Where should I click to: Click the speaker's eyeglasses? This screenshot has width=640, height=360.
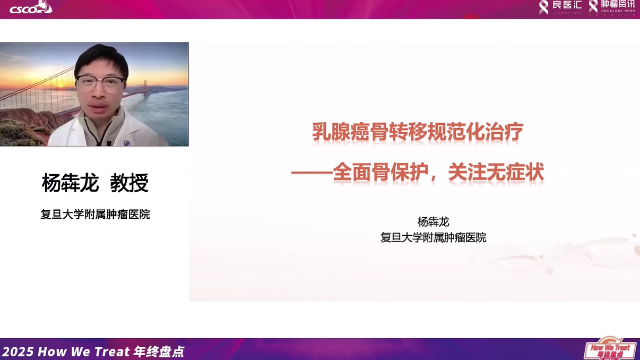(100, 83)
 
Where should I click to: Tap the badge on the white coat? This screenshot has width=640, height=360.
(126, 143)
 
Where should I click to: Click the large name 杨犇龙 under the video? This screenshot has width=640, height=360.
(70, 183)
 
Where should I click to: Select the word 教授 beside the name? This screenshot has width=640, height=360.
(129, 183)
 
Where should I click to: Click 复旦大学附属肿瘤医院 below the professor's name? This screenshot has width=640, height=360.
(95, 215)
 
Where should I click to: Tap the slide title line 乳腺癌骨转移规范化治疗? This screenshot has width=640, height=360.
(418, 132)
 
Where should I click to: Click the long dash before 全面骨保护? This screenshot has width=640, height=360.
(312, 173)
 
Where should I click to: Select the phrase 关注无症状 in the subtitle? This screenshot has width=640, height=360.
(496, 173)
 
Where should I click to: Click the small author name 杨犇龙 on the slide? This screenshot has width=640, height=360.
(433, 222)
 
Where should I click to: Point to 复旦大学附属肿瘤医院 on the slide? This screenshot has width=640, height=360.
(433, 237)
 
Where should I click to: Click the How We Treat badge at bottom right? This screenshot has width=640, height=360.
(610, 349)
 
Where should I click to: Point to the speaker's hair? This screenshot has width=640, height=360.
(101, 56)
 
